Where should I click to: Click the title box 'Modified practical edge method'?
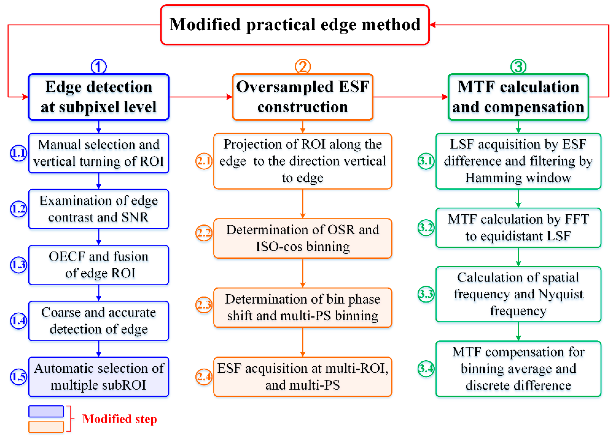[295, 24]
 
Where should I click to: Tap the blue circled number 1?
[98, 67]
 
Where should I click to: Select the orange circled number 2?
[303, 67]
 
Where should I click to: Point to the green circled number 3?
[518, 67]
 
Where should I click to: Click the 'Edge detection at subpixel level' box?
[98, 97]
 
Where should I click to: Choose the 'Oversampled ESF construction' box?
[303, 97]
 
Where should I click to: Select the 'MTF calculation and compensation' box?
[518, 97]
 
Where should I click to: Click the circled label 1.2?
[18, 209]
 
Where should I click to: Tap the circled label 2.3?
[204, 305]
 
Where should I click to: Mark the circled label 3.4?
[426, 369]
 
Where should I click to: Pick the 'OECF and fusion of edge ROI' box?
[98, 265]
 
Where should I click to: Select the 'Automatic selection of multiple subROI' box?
[98, 377]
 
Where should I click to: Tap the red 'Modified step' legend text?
[119, 419]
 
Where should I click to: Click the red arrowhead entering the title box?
[433, 25]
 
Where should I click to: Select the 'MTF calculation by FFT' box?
[518, 227]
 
